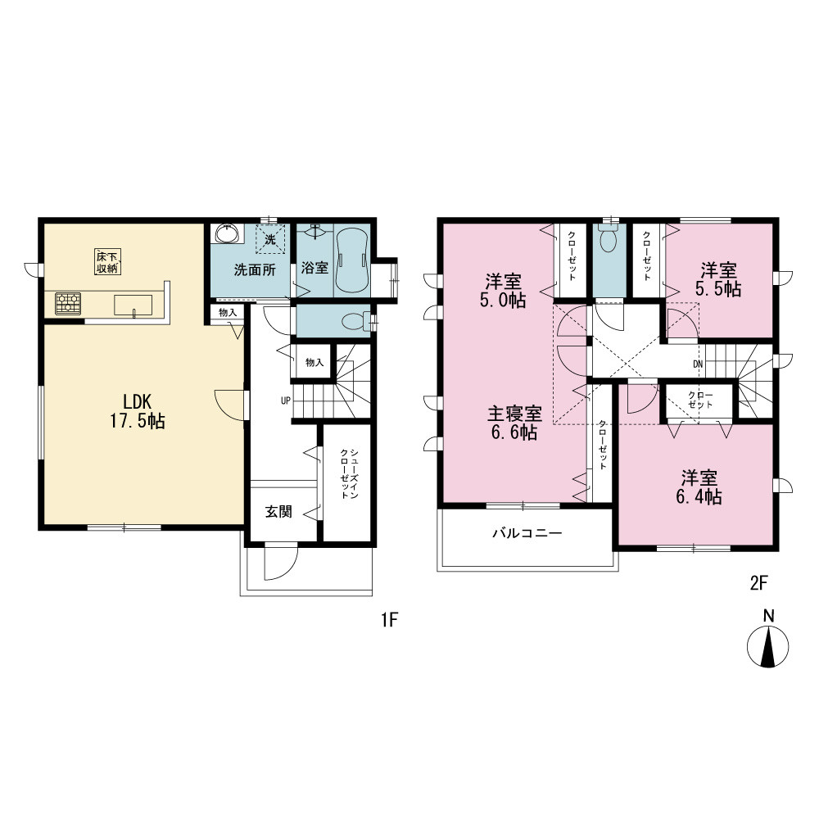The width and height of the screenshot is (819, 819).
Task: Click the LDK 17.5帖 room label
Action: [138, 411]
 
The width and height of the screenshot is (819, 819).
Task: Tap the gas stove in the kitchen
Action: [68, 304]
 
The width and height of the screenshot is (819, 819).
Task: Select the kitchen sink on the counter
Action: [133, 305]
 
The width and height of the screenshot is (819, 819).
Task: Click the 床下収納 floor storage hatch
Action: [108, 262]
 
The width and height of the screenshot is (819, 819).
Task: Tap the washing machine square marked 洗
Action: [270, 239]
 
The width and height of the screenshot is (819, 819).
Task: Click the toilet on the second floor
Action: [609, 238]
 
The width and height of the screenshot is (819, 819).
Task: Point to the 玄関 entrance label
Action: [278, 511]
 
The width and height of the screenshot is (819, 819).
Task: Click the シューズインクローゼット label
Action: [349, 473]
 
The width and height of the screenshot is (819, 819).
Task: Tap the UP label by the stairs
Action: [285, 400]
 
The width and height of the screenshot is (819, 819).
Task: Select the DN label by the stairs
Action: [698, 364]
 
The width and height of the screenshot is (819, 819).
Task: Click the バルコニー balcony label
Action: [527, 533]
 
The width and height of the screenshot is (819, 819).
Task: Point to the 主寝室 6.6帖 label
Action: [514, 423]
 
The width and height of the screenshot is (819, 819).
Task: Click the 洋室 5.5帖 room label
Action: [719, 279]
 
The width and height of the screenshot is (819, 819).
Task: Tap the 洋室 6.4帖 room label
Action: [699, 486]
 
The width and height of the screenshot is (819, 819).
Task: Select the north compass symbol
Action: [768, 641]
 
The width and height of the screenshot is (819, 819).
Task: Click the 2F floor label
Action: [759, 582]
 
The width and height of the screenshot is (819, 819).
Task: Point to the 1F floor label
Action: [390, 619]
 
